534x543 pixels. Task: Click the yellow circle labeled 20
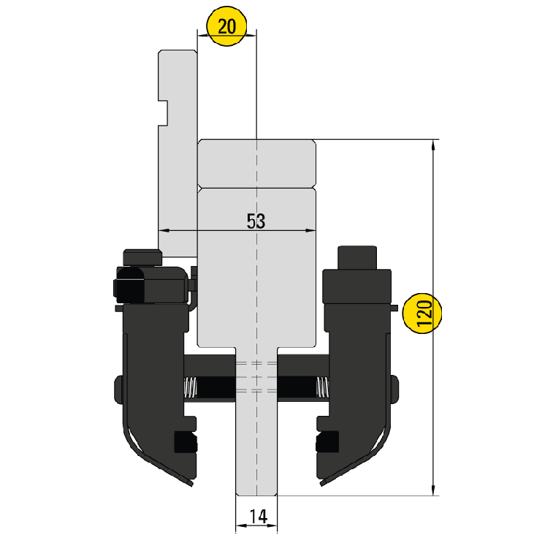tap(227, 27)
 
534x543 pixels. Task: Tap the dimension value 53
tap(255, 221)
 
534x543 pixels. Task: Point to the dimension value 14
tap(256, 516)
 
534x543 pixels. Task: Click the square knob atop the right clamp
tap(356, 257)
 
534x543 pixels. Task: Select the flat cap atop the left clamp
tap(142, 257)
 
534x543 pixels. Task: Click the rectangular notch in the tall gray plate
tap(164, 111)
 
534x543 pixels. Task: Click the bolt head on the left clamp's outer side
tap(119, 389)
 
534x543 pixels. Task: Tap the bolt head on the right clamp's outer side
tap(395, 389)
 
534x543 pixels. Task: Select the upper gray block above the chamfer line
tap(256, 164)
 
